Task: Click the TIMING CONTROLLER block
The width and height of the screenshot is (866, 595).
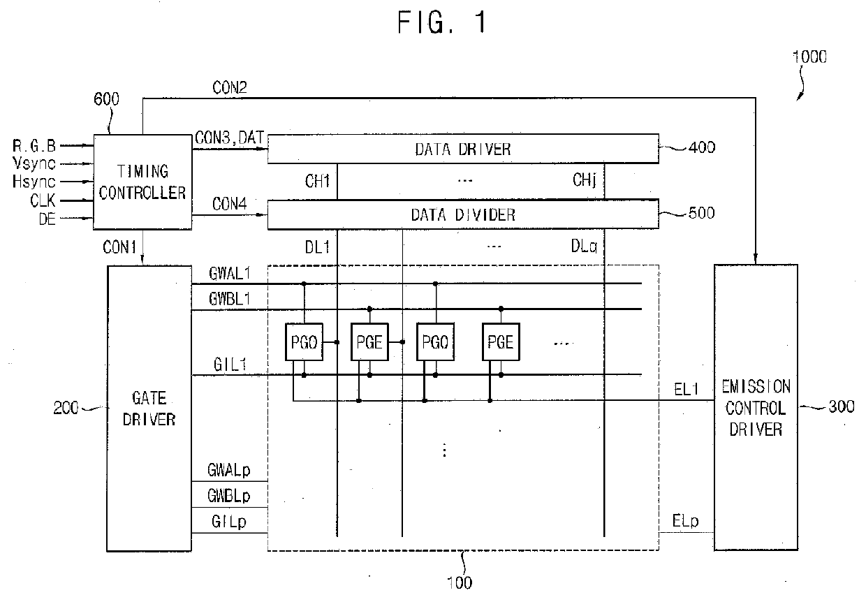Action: point(142,182)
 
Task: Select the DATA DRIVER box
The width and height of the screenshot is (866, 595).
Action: point(463,149)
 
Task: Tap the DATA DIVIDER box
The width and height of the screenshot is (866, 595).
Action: point(463,214)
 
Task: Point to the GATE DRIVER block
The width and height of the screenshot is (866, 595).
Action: point(149,409)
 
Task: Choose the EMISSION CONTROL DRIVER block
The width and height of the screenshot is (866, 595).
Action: point(756,408)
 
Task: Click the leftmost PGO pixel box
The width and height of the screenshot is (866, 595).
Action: point(304,342)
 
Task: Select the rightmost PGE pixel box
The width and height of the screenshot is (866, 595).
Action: point(501,342)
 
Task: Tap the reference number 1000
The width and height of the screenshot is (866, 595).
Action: point(809,57)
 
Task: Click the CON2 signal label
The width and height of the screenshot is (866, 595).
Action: point(230,87)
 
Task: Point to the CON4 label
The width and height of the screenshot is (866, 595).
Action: point(229,204)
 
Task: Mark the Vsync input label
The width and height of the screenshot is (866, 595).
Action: point(34,163)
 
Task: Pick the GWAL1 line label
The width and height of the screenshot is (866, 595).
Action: point(229,274)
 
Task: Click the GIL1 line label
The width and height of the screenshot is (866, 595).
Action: point(230,364)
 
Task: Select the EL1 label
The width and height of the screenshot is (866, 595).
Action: point(687,389)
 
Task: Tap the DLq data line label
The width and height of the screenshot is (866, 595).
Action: point(584,247)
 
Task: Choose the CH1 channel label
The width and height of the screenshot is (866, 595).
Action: point(317,181)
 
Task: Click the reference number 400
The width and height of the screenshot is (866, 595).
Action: point(702,147)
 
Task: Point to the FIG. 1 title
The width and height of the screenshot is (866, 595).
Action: point(442,22)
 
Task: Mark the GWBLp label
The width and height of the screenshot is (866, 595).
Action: point(229,496)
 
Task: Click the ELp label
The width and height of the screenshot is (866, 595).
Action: point(685,521)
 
